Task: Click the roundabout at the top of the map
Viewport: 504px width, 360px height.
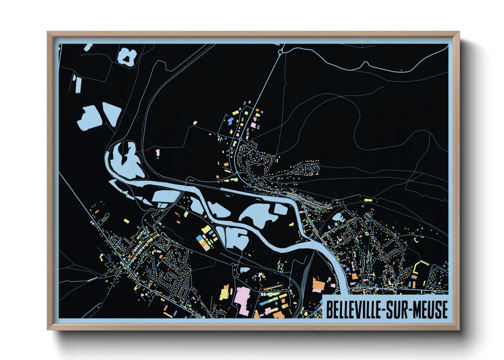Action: point(281,52)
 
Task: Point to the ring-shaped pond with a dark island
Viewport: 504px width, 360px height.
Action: point(127,56)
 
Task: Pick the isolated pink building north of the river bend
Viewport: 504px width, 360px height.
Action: point(157,153)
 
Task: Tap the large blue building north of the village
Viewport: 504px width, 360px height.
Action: point(230,120)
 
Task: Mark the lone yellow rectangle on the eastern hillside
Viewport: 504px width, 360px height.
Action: point(366,200)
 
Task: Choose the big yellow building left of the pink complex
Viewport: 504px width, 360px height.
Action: point(225,294)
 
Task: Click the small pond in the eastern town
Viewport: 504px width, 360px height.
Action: point(338,218)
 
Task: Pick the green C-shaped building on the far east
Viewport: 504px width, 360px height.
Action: point(416,240)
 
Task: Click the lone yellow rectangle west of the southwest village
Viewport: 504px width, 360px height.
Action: point(126,221)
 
